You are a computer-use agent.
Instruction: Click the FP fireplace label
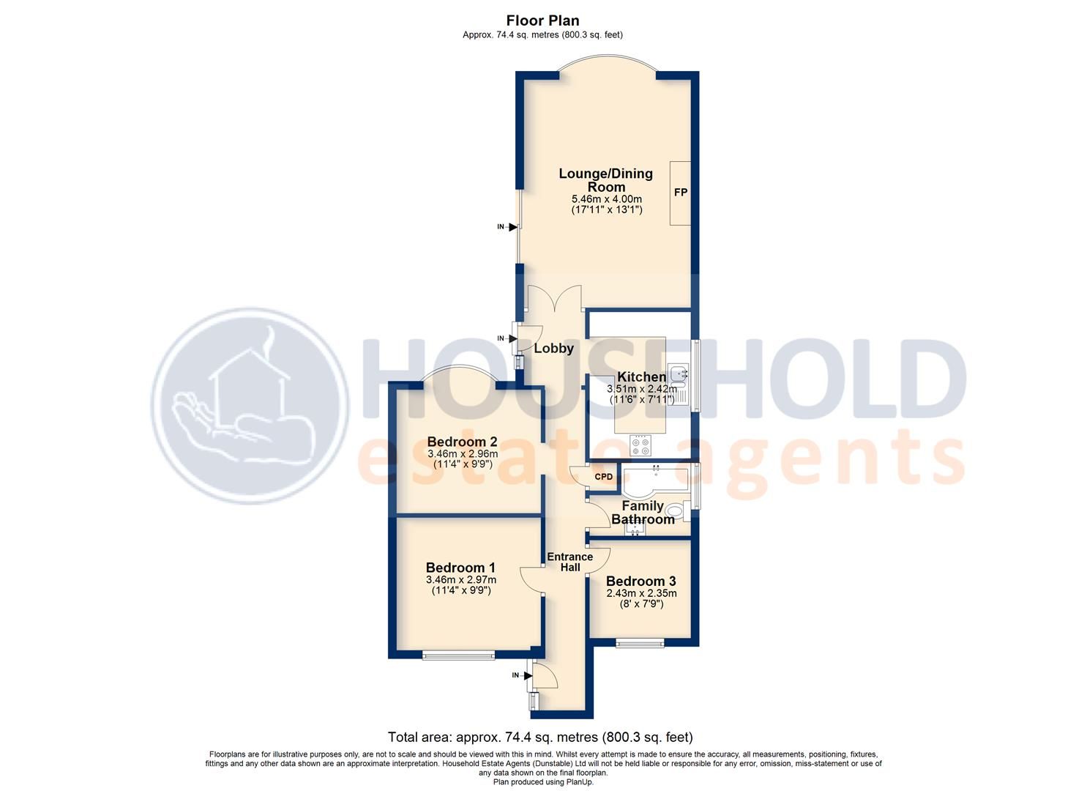pyautogui.click(x=681, y=193)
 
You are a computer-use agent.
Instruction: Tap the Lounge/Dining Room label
pyautogui.click(x=605, y=180)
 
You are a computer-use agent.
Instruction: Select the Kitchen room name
pyautogui.click(x=641, y=377)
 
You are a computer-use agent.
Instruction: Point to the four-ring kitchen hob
pyautogui.click(x=641, y=444)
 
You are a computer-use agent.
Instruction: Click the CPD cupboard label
pyautogui.click(x=603, y=477)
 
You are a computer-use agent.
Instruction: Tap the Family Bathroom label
pyautogui.click(x=643, y=513)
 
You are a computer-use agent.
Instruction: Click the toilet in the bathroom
pyautogui.click(x=677, y=510)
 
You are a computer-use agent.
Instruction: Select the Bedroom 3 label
pyautogui.click(x=640, y=582)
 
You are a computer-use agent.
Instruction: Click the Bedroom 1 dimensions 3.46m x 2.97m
pyautogui.click(x=460, y=579)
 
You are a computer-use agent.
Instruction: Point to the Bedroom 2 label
pyautogui.click(x=462, y=442)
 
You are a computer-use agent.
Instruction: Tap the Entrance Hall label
pyautogui.click(x=569, y=562)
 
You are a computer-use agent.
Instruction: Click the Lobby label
pyautogui.click(x=553, y=349)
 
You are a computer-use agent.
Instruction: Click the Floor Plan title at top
pyautogui.click(x=542, y=21)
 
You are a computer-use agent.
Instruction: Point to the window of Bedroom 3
pyautogui.click(x=640, y=644)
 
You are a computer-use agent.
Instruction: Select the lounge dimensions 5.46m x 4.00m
pyautogui.click(x=606, y=199)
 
